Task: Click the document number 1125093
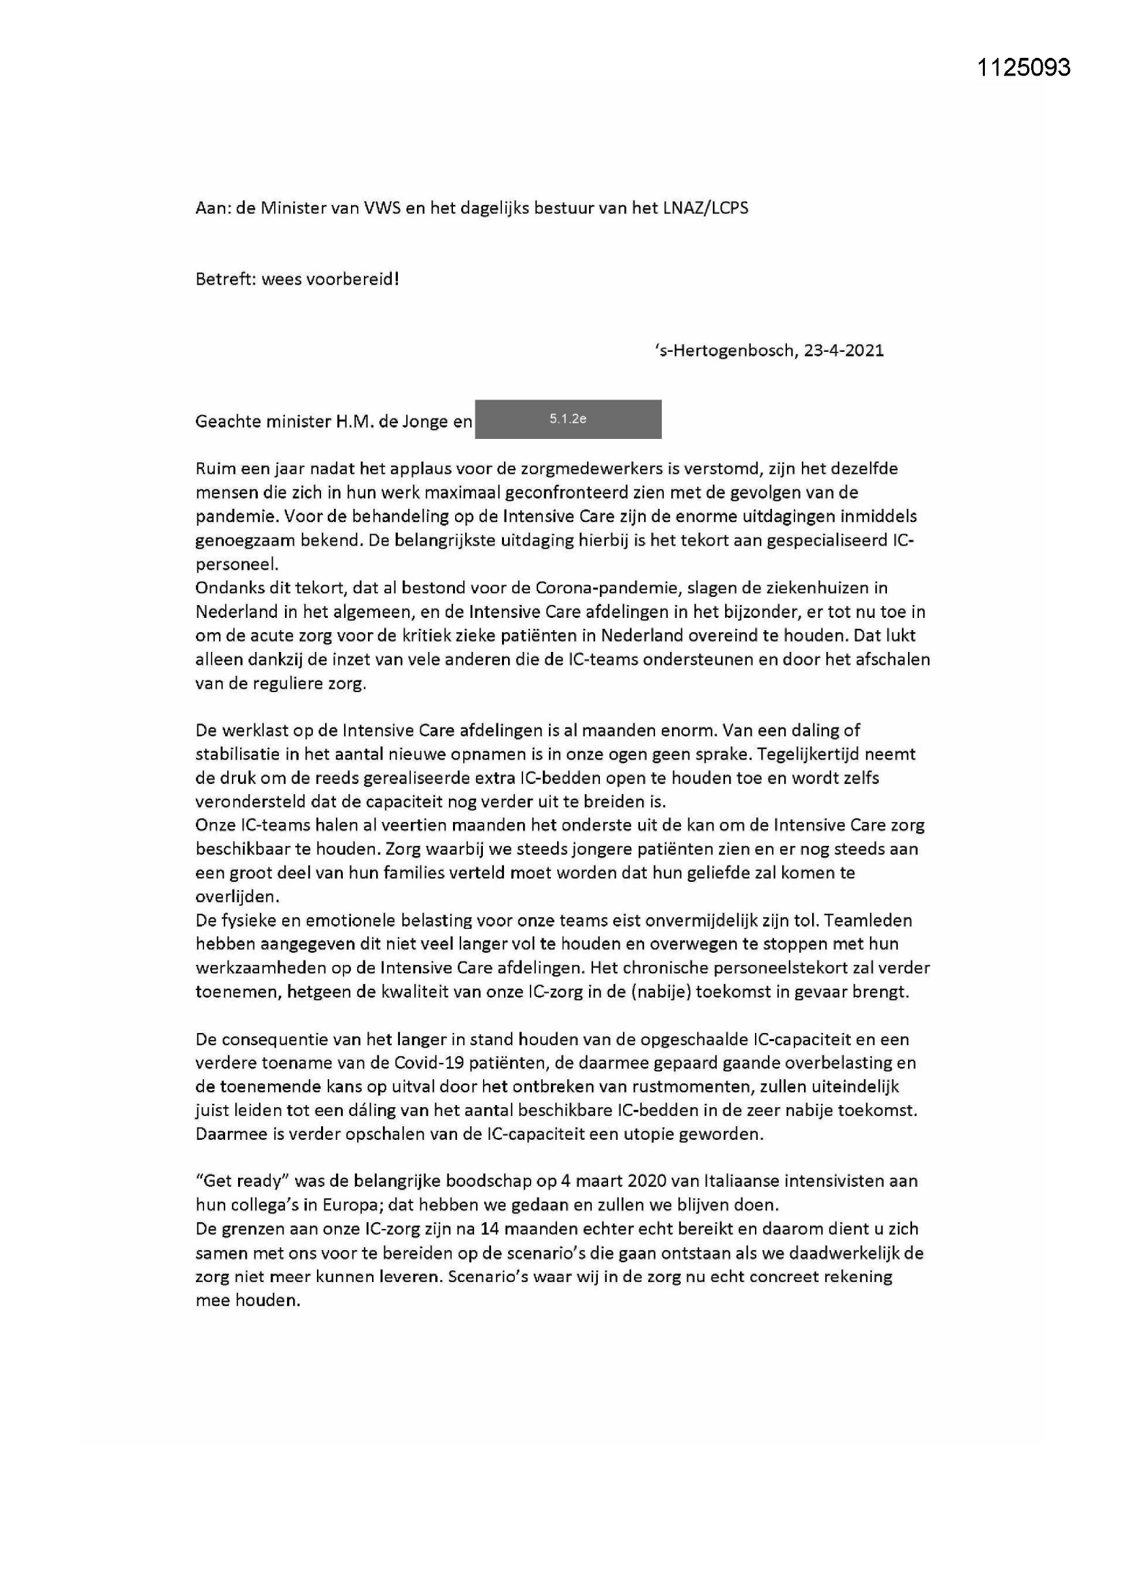pyautogui.click(x=1023, y=67)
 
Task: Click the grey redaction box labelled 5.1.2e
pyautogui.click(x=567, y=419)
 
